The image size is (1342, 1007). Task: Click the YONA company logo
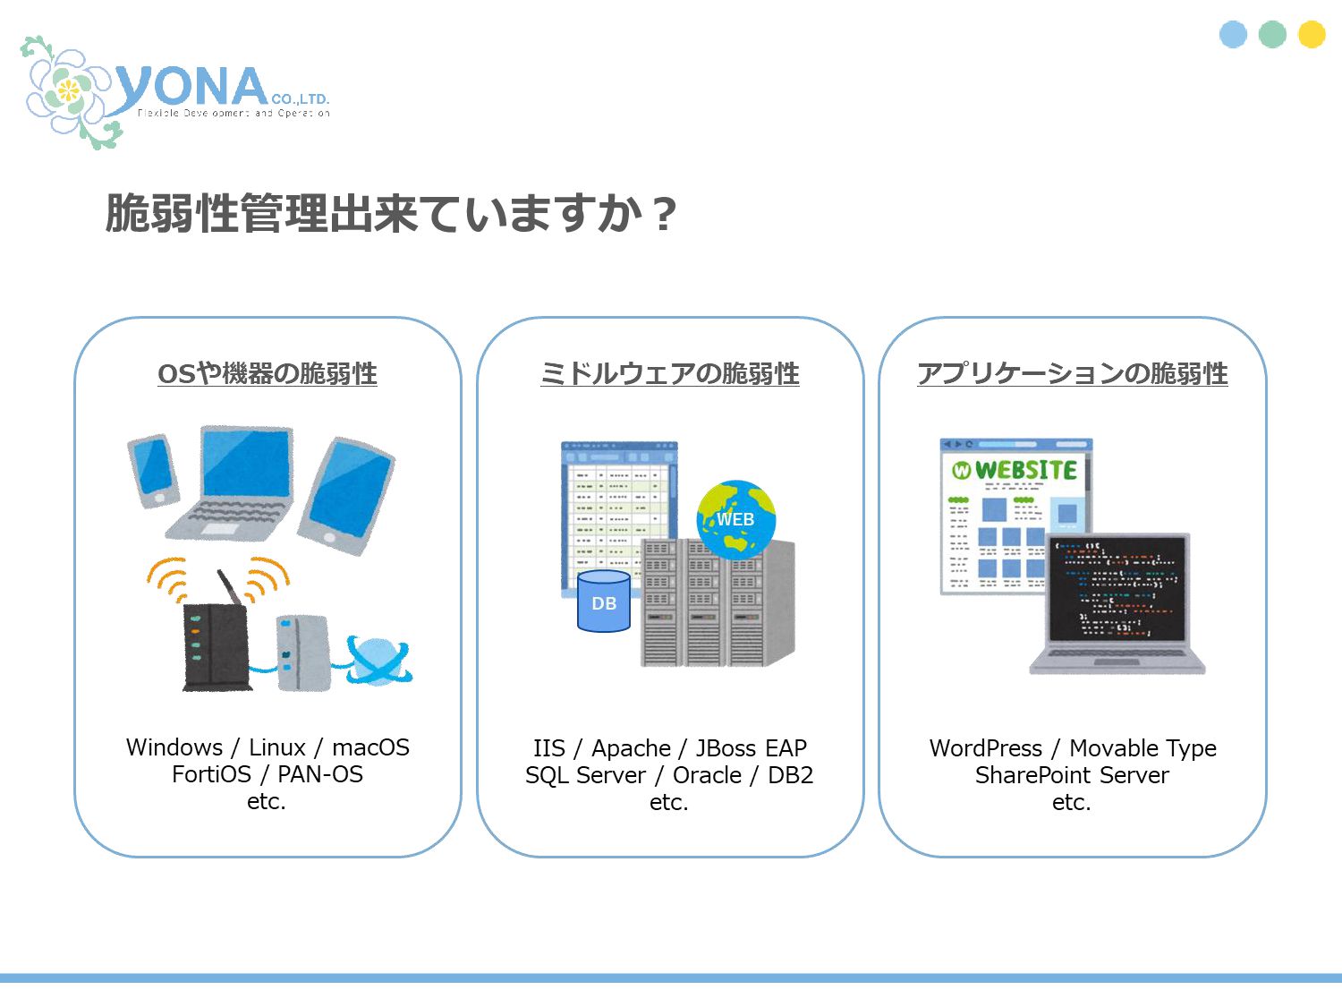[x=179, y=91]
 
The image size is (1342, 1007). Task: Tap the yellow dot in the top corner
[x=1312, y=34]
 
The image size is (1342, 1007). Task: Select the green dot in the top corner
[x=1272, y=34]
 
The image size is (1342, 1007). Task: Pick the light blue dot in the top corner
[x=1233, y=34]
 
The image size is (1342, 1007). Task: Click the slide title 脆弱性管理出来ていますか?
[x=391, y=214]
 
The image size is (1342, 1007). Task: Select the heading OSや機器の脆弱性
[x=268, y=373]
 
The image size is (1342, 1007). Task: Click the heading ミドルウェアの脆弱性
[x=670, y=373]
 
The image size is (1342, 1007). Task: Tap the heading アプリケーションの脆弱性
[x=1073, y=373]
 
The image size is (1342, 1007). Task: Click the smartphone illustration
[x=154, y=470]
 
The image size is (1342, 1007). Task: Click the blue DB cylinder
[x=604, y=602]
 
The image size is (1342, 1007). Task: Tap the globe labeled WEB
[x=735, y=518]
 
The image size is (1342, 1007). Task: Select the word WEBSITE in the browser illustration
[x=1025, y=470]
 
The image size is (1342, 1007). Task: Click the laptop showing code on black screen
[x=1117, y=602]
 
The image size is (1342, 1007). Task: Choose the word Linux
[x=277, y=747]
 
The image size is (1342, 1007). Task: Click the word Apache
[x=631, y=748]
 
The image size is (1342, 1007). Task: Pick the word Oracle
[x=707, y=775]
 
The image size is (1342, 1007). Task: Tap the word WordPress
[x=986, y=748]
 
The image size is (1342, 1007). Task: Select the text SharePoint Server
[x=1072, y=775]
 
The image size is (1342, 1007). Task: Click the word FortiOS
[x=211, y=774]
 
